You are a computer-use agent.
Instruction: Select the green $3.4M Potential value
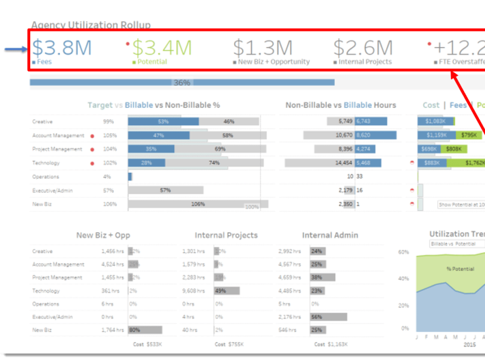(x=162, y=47)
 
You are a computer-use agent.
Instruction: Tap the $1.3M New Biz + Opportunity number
(x=263, y=47)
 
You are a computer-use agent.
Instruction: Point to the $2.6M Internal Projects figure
(x=363, y=47)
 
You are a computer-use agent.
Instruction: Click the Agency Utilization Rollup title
(x=91, y=25)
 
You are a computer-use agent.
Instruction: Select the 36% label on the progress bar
(x=182, y=82)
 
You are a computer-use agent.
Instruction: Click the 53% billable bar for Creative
(x=162, y=121)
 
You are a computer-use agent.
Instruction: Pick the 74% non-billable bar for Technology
(x=213, y=163)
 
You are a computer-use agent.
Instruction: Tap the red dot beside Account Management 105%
(x=92, y=136)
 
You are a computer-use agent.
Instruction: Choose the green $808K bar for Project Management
(x=453, y=149)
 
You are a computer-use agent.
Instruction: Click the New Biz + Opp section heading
(x=103, y=235)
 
